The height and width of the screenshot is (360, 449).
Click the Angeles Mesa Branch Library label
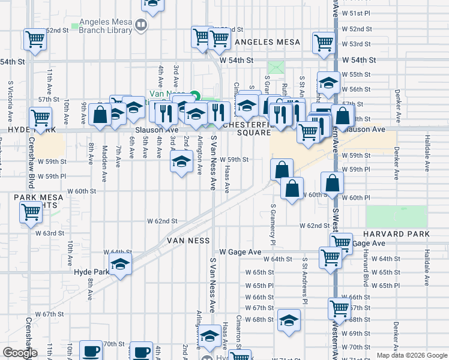(x=101, y=26)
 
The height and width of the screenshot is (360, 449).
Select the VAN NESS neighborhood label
(x=188, y=241)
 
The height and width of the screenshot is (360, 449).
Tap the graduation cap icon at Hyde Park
(x=120, y=265)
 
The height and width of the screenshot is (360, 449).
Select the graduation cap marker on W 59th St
(x=181, y=161)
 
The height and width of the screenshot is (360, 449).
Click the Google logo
(x=20, y=353)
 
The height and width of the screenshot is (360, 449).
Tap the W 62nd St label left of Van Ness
(x=163, y=221)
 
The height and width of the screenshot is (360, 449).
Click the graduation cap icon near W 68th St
(x=289, y=320)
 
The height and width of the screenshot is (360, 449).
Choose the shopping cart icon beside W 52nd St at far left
(x=35, y=40)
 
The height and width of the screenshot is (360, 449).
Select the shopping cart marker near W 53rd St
(x=324, y=43)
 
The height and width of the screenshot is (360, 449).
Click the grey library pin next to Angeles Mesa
(x=141, y=26)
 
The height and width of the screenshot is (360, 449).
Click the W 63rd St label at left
(x=49, y=233)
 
